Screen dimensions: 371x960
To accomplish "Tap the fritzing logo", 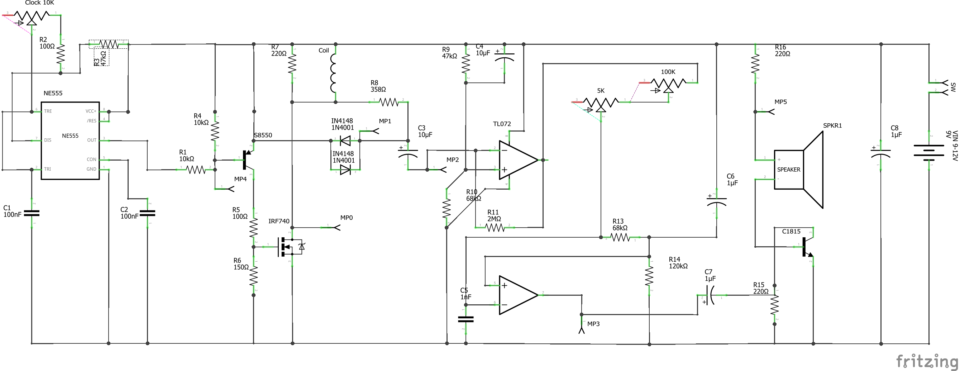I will click(926, 361).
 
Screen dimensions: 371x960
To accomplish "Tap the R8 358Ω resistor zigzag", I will click(388, 101).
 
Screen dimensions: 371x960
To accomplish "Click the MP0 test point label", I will click(346, 218).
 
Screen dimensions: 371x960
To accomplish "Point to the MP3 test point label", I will click(593, 324).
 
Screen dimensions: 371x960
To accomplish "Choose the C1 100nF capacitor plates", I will click(32, 213).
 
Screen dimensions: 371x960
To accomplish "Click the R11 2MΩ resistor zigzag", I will click(495, 227).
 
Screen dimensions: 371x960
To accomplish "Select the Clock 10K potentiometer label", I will click(39, 3).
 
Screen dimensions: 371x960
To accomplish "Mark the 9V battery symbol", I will click(929, 151).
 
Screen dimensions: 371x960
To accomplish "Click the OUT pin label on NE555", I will click(92, 140).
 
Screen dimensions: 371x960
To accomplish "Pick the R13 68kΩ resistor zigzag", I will click(620, 237).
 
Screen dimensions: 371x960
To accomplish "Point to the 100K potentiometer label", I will click(668, 72).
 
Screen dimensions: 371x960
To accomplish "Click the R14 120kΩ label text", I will click(678, 263).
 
